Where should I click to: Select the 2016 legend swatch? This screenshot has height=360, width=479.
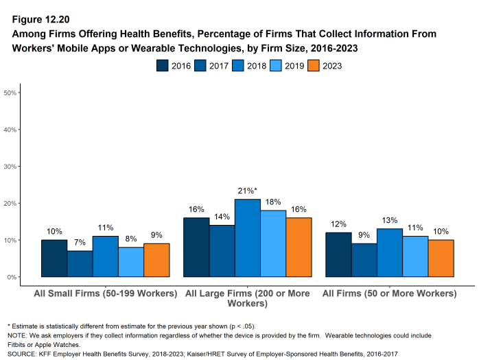[x=163, y=66]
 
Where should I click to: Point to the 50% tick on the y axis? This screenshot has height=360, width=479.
[x=12, y=92]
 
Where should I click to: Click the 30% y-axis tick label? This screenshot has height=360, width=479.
[x=12, y=166]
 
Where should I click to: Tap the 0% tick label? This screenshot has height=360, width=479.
[x=13, y=277]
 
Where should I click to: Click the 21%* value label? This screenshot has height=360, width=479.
[x=248, y=192]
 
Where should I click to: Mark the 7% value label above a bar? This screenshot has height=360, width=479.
[x=80, y=243]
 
